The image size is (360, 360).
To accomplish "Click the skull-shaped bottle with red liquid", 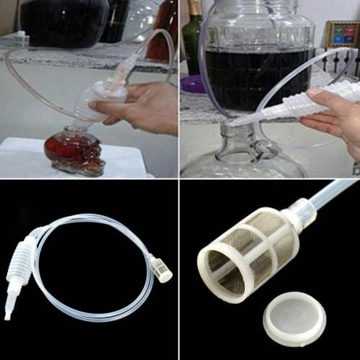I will (x=73, y=150).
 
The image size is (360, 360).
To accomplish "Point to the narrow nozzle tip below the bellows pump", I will (x=9, y=310).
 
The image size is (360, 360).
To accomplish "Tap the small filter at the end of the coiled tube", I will (x=160, y=267).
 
